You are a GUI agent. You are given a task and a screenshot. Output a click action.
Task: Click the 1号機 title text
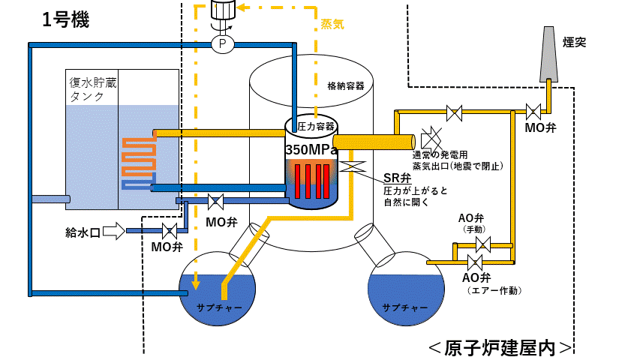pos(66,19)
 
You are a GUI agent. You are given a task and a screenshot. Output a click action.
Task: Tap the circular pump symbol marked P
pos(222,43)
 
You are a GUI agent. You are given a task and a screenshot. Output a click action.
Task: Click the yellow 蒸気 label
pos(332,24)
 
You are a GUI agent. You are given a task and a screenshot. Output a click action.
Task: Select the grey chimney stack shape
pos(548,54)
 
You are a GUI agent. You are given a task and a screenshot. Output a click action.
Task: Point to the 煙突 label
pos(574,42)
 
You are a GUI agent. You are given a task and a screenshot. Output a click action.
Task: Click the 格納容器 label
pos(346,85)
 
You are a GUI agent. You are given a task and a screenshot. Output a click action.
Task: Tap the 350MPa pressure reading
pos(311,150)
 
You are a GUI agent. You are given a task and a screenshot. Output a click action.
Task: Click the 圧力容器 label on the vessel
pos(316,127)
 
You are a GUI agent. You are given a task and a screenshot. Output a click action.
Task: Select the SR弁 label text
pos(397,178)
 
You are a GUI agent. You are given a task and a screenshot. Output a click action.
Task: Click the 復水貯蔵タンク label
pos(93,89)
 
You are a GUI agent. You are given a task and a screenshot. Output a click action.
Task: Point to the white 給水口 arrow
pos(114,231)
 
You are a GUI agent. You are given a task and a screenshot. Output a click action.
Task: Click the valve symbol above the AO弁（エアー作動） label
pos(475,262)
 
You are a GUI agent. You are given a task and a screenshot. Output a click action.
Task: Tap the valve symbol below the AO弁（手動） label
pos(483,245)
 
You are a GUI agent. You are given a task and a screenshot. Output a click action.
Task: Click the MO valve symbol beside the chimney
pos(533,112)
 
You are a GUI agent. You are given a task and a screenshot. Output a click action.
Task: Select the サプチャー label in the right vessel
pos(405,307)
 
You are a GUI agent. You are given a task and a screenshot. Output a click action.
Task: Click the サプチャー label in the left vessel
pos(219,307)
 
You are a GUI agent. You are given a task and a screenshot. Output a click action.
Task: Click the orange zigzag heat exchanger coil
pos(139,157)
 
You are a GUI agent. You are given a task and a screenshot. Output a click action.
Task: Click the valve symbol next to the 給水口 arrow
pos(170,231)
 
